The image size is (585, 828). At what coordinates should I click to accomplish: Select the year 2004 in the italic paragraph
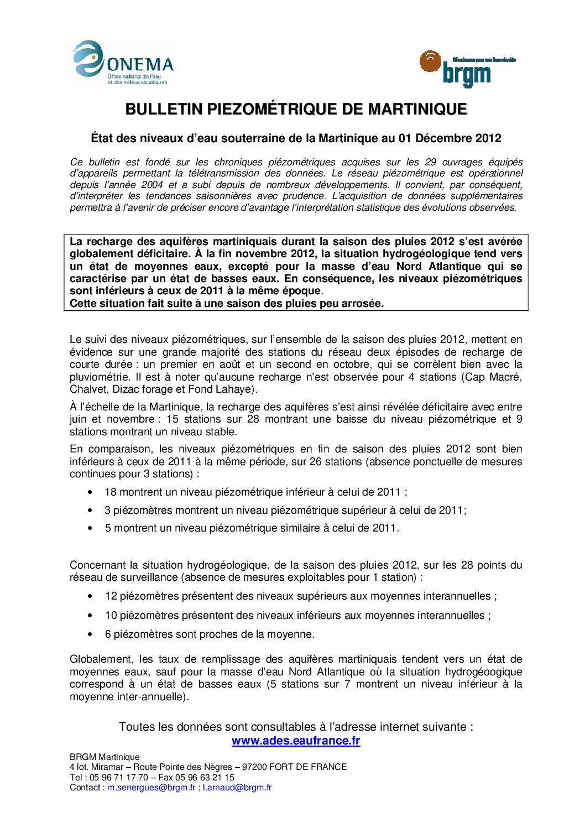point(152,185)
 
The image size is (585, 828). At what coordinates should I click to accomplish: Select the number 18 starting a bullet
point(111,492)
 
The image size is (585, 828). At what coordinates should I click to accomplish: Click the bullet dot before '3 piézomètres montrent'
point(90,510)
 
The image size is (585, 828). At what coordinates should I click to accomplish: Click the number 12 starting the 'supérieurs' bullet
point(111,596)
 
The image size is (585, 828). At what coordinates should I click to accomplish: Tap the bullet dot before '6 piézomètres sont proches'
point(90,634)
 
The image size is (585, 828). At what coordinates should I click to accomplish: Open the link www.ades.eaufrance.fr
point(296,741)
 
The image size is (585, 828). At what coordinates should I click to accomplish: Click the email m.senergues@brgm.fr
point(151,787)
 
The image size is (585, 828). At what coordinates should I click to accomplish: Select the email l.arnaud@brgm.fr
point(237,787)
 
